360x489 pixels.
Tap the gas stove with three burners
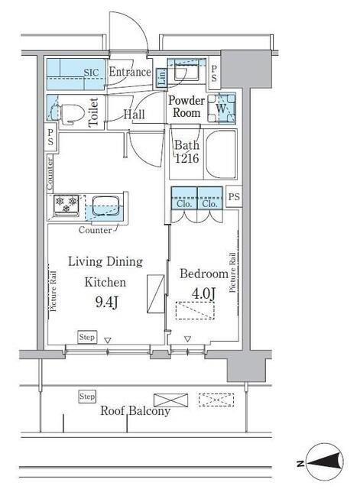(x=66, y=206)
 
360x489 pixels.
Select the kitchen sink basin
(x=105, y=206)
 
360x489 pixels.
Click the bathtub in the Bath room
(x=221, y=154)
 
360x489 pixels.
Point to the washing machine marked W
(x=222, y=108)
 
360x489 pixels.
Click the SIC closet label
(x=91, y=73)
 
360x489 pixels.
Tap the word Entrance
(x=130, y=72)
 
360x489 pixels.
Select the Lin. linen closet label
(x=162, y=77)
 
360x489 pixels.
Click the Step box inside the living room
(x=87, y=337)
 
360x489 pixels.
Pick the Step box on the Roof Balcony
(x=87, y=397)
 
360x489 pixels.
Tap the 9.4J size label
(x=107, y=302)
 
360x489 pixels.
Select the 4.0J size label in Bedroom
(x=203, y=293)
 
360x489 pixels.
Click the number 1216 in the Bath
(x=186, y=158)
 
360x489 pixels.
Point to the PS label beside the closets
(x=234, y=196)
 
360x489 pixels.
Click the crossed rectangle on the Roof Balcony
(x=171, y=400)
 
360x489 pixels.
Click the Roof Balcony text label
(x=135, y=411)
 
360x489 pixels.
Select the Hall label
(x=135, y=115)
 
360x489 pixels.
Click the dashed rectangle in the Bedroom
(x=195, y=310)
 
